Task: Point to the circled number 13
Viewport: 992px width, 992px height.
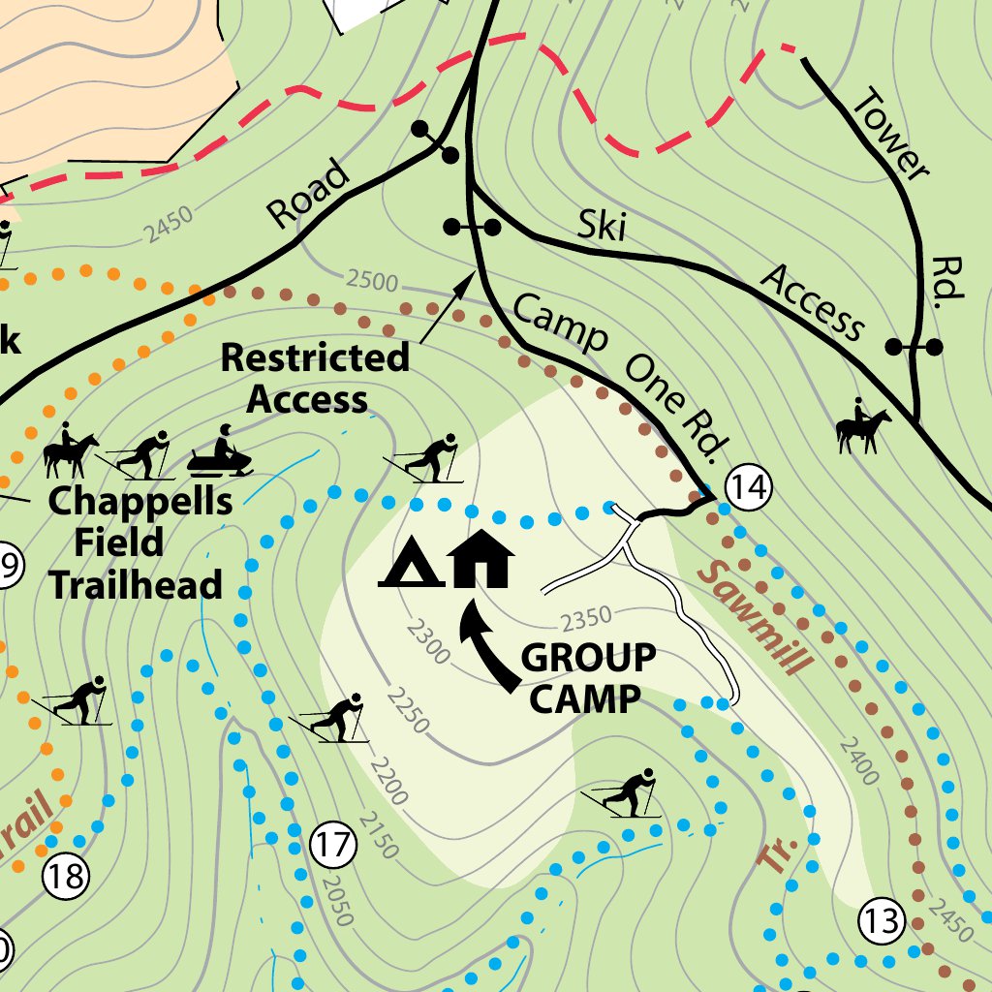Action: [x=883, y=919]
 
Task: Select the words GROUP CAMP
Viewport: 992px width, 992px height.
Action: [x=587, y=677]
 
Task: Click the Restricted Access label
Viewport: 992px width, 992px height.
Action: [x=313, y=378]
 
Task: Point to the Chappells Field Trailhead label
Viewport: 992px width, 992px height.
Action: [x=138, y=543]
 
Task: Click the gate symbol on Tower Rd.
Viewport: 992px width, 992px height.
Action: [x=914, y=346]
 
